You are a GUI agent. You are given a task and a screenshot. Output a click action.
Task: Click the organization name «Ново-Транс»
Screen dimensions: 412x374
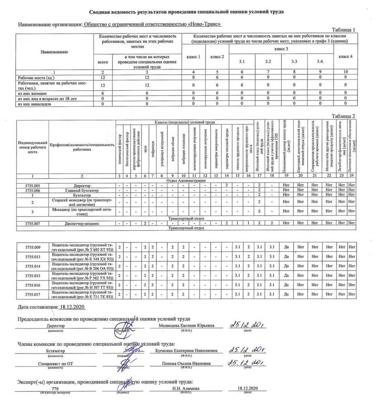pos(204,26)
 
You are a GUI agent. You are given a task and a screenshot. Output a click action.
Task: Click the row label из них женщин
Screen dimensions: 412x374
pos(33,93)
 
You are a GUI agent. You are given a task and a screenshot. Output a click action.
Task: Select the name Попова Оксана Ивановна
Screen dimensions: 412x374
pos(187,363)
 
